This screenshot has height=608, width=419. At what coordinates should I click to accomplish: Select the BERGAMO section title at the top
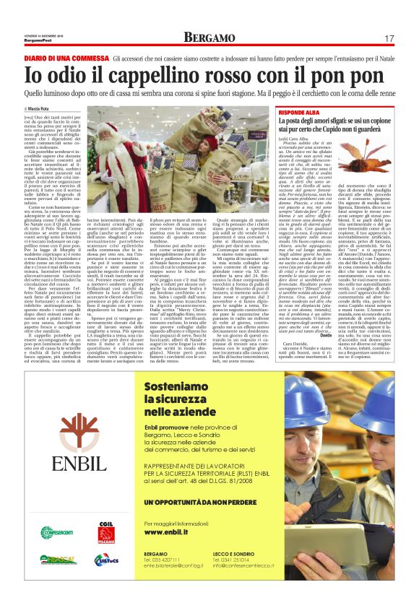tap(209, 36)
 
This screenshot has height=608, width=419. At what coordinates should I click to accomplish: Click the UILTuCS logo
tap(105, 559)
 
